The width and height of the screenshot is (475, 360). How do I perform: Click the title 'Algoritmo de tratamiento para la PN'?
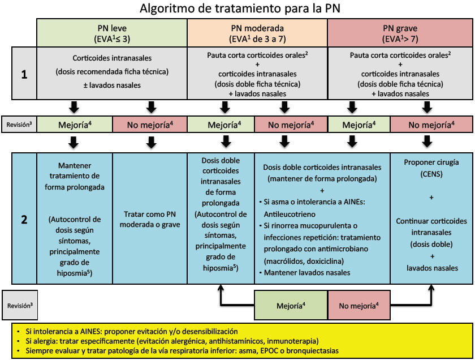click(x=240, y=8)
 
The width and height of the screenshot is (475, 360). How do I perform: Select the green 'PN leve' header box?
click(x=112, y=33)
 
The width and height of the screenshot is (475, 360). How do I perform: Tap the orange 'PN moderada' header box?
click(x=257, y=33)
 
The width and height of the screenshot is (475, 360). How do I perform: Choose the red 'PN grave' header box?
click(x=400, y=33)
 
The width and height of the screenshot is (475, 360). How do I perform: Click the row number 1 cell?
click(x=24, y=74)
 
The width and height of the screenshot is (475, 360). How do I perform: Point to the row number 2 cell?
click(x=24, y=218)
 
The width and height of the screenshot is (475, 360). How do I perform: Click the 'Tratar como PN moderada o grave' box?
click(x=150, y=219)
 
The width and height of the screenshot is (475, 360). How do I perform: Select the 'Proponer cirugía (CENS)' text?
click(x=431, y=168)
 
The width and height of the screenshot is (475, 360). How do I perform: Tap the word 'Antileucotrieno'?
click(x=290, y=214)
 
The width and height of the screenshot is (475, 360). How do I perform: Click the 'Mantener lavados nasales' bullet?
click(x=305, y=272)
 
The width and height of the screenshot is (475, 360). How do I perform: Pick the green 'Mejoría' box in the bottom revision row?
click(x=291, y=305)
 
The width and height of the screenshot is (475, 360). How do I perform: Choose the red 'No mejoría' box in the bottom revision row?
click(x=359, y=305)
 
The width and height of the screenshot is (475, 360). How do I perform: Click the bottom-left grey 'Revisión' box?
click(x=20, y=305)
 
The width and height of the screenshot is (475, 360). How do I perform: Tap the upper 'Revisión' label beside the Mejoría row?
click(x=19, y=125)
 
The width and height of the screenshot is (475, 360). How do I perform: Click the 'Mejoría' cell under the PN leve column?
click(x=75, y=125)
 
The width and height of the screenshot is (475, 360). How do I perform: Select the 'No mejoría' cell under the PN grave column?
click(x=431, y=125)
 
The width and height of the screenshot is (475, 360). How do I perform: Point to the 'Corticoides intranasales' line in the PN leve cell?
click(x=112, y=58)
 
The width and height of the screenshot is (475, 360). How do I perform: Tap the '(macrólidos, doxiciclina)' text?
click(x=304, y=261)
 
